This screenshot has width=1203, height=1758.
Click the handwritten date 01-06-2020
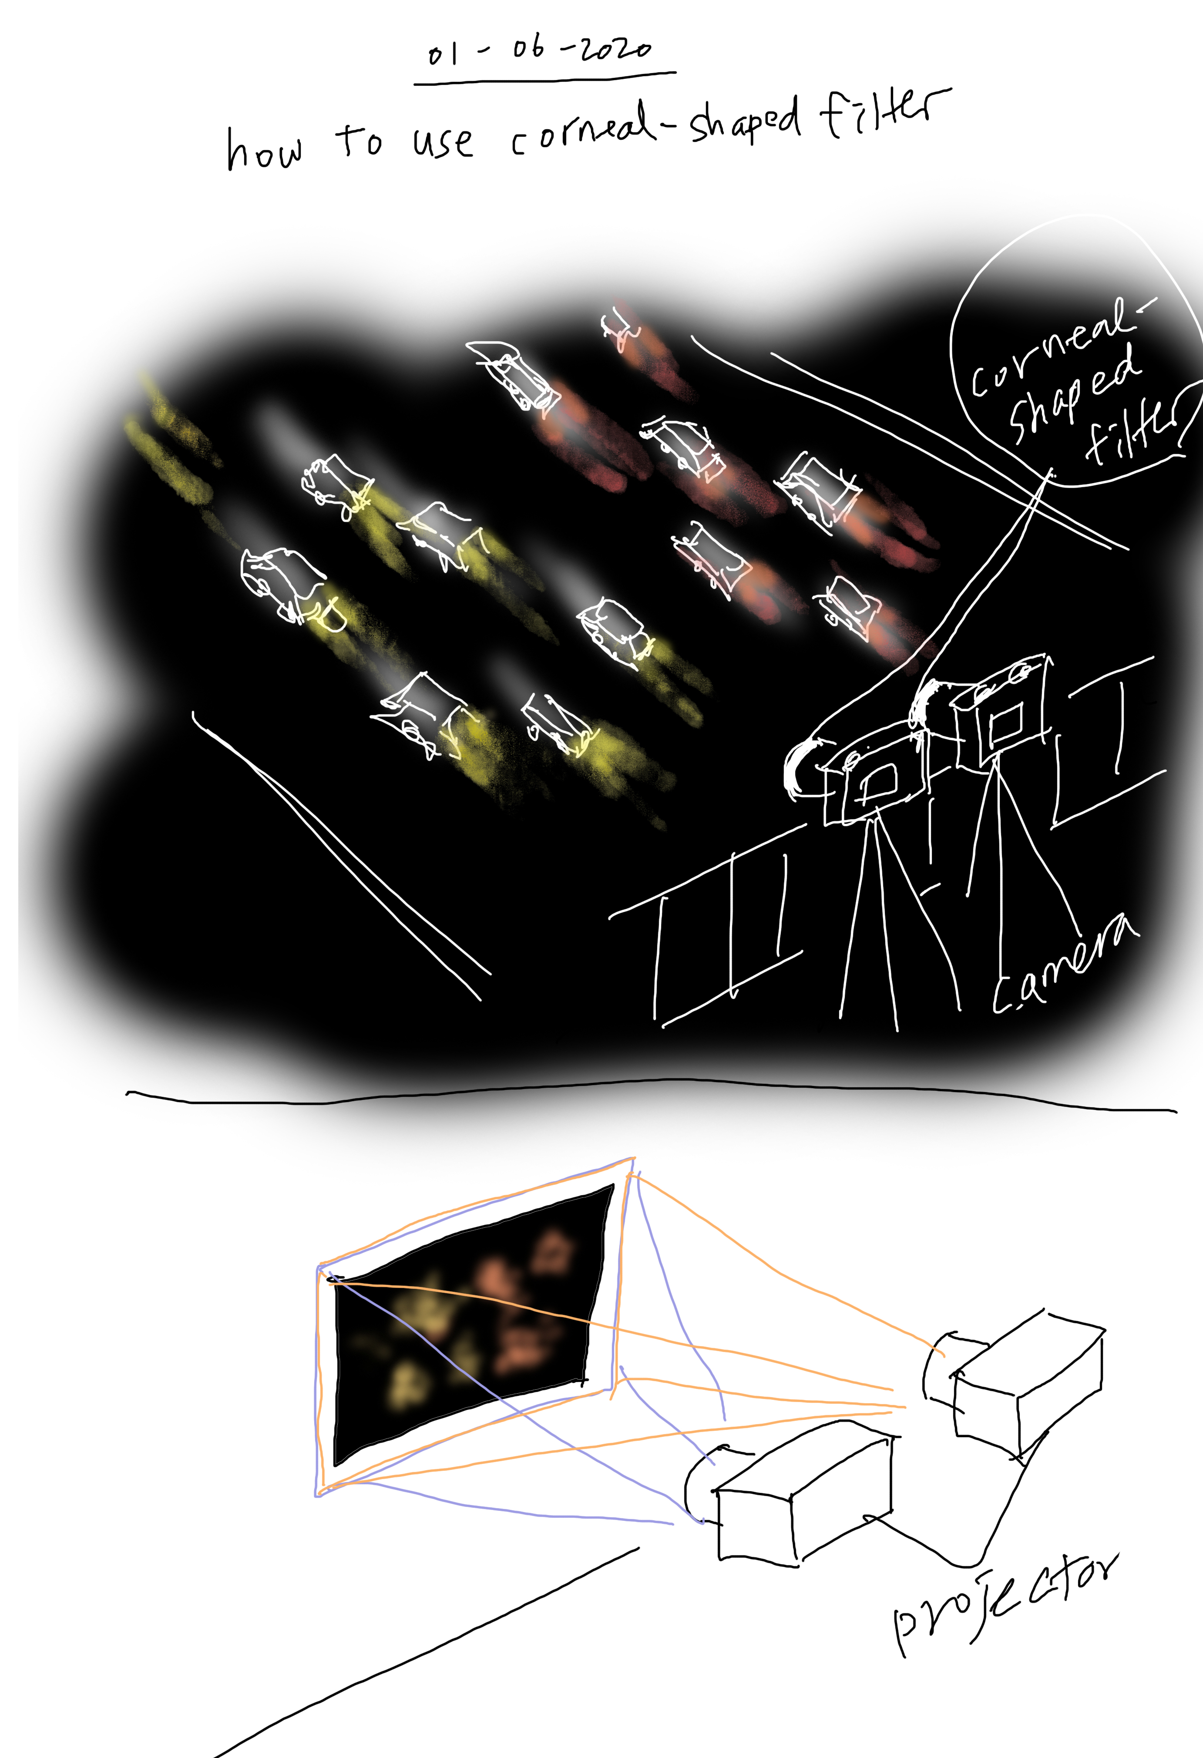539,50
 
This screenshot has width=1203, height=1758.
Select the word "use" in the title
444,141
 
